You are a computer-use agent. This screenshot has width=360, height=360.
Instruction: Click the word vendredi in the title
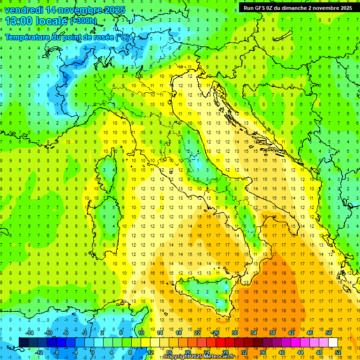(x=23, y=10)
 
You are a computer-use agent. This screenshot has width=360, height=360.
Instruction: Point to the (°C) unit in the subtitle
(x=122, y=37)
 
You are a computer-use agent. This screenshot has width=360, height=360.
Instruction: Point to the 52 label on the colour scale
(x=338, y=352)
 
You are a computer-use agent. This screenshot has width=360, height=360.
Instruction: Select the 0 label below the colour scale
(x=93, y=352)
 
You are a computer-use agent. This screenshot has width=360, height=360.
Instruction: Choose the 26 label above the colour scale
(x=216, y=333)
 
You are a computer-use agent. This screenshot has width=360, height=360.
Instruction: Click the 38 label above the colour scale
(x=272, y=333)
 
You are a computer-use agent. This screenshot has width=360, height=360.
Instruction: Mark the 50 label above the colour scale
(x=329, y=333)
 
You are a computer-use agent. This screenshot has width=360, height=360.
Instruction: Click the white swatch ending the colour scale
(x=333, y=343)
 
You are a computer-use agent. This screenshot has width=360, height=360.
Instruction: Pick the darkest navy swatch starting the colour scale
(x=23, y=343)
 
